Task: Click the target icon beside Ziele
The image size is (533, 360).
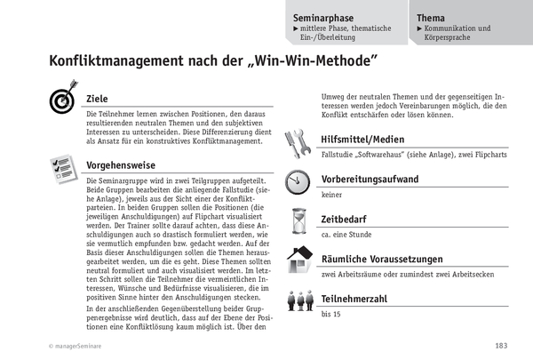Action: (x=61, y=100)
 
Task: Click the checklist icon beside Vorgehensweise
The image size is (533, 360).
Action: (x=61, y=166)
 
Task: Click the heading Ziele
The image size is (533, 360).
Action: (x=98, y=99)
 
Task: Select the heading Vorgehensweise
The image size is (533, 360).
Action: (x=123, y=165)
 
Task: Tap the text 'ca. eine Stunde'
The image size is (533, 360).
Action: (x=345, y=235)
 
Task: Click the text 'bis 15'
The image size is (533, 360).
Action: (x=330, y=314)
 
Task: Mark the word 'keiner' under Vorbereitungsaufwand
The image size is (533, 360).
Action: (x=332, y=195)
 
